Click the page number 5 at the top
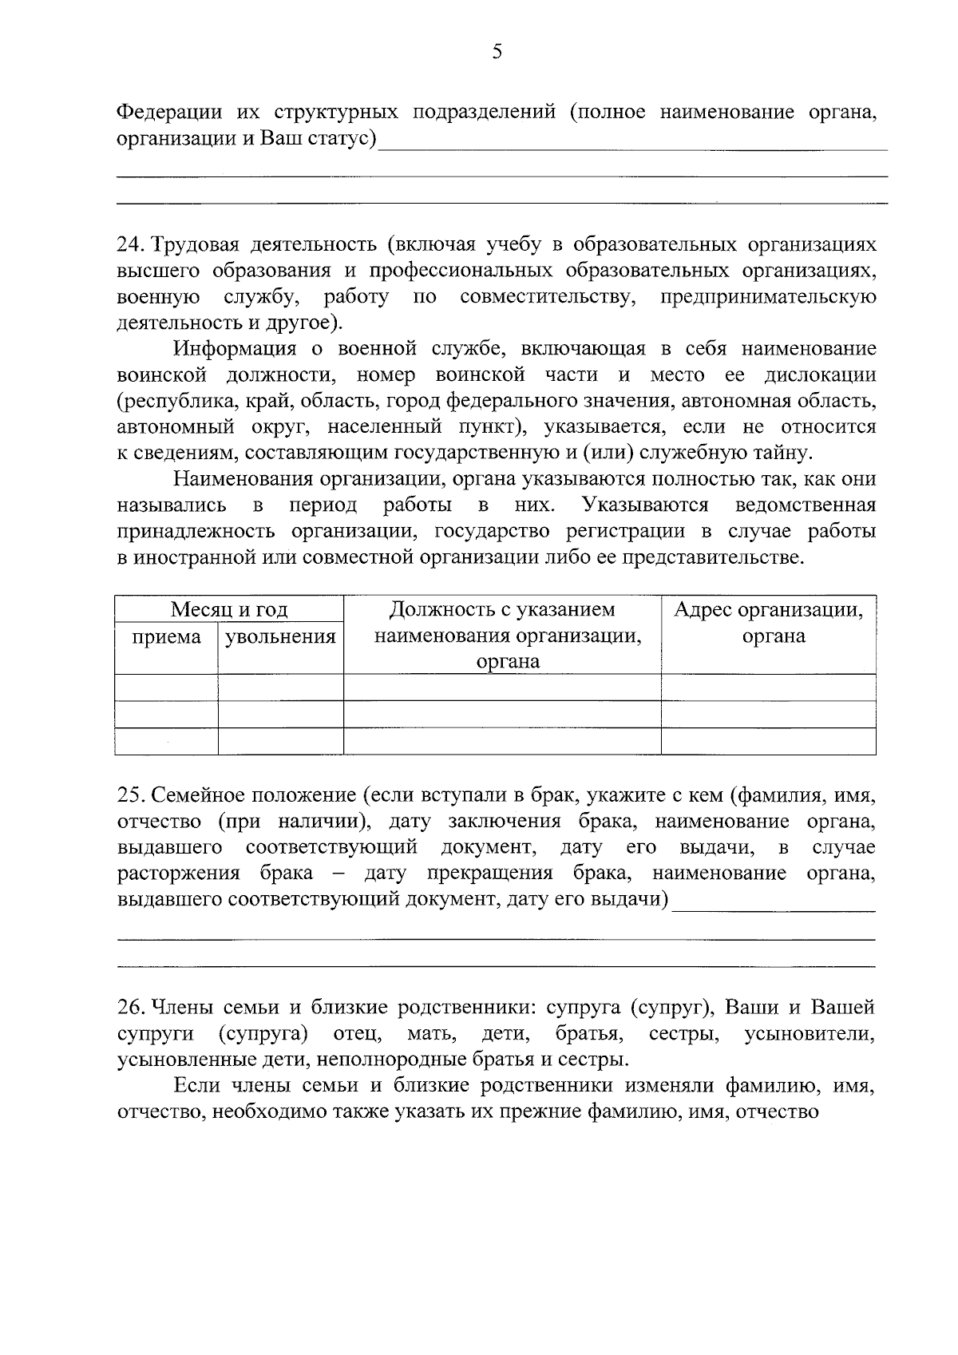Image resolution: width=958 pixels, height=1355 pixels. [497, 53]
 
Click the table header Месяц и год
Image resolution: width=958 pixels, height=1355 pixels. [229, 610]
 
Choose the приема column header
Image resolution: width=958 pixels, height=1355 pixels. [166, 636]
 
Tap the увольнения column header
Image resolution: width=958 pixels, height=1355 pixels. [280, 636]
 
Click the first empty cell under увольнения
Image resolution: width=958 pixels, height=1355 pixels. [280, 687]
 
